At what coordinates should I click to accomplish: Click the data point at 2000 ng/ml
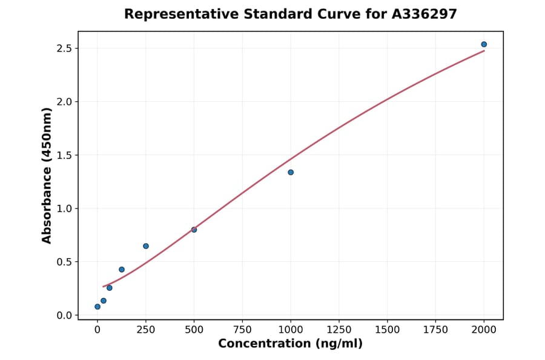484,44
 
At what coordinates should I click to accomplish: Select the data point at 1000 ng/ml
291,172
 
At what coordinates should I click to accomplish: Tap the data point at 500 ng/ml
194,230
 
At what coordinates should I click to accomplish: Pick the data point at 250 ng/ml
146,246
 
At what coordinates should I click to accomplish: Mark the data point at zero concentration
97,307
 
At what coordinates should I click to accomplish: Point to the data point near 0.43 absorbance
122,270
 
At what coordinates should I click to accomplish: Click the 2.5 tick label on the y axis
64,48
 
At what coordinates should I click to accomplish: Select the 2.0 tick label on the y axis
64,102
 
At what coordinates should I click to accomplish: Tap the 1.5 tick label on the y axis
64,155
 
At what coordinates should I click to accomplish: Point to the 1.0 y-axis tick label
64,208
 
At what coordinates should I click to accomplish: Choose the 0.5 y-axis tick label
64,262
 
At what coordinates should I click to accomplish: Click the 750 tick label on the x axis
242,329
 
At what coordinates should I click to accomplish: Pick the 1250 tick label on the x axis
339,329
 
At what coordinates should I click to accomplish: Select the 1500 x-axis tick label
388,329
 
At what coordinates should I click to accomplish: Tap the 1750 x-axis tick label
436,329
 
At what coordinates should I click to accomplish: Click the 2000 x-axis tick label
484,329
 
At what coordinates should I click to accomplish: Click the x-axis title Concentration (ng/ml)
291,344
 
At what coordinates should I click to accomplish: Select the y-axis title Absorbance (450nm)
47,176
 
